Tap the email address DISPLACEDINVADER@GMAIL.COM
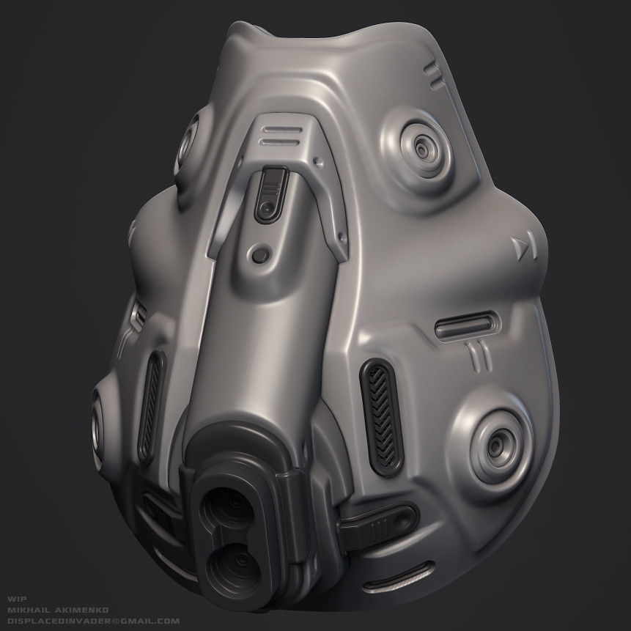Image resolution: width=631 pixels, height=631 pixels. [x=92, y=620]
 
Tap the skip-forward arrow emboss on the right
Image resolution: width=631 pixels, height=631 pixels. [x=525, y=248]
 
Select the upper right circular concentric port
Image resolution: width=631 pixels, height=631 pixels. [x=423, y=150]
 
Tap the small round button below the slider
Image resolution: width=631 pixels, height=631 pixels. [x=258, y=256]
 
